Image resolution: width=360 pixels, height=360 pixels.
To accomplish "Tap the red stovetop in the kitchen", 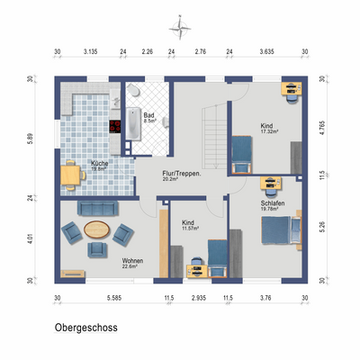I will tap(115, 126).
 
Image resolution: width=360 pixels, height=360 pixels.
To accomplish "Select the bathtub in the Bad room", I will tap(134, 123).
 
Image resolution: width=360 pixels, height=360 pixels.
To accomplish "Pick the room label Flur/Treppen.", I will tap(180, 172).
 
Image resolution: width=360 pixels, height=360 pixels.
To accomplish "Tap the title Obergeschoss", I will tap(85, 328).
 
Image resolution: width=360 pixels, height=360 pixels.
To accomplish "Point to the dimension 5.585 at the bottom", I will tap(113, 297).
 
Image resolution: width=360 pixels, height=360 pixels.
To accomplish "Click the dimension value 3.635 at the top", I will tap(266, 52).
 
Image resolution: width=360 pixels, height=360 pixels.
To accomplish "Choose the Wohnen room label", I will tap(132, 259).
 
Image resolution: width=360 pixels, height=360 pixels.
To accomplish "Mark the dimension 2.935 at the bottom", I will tap(199, 297).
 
